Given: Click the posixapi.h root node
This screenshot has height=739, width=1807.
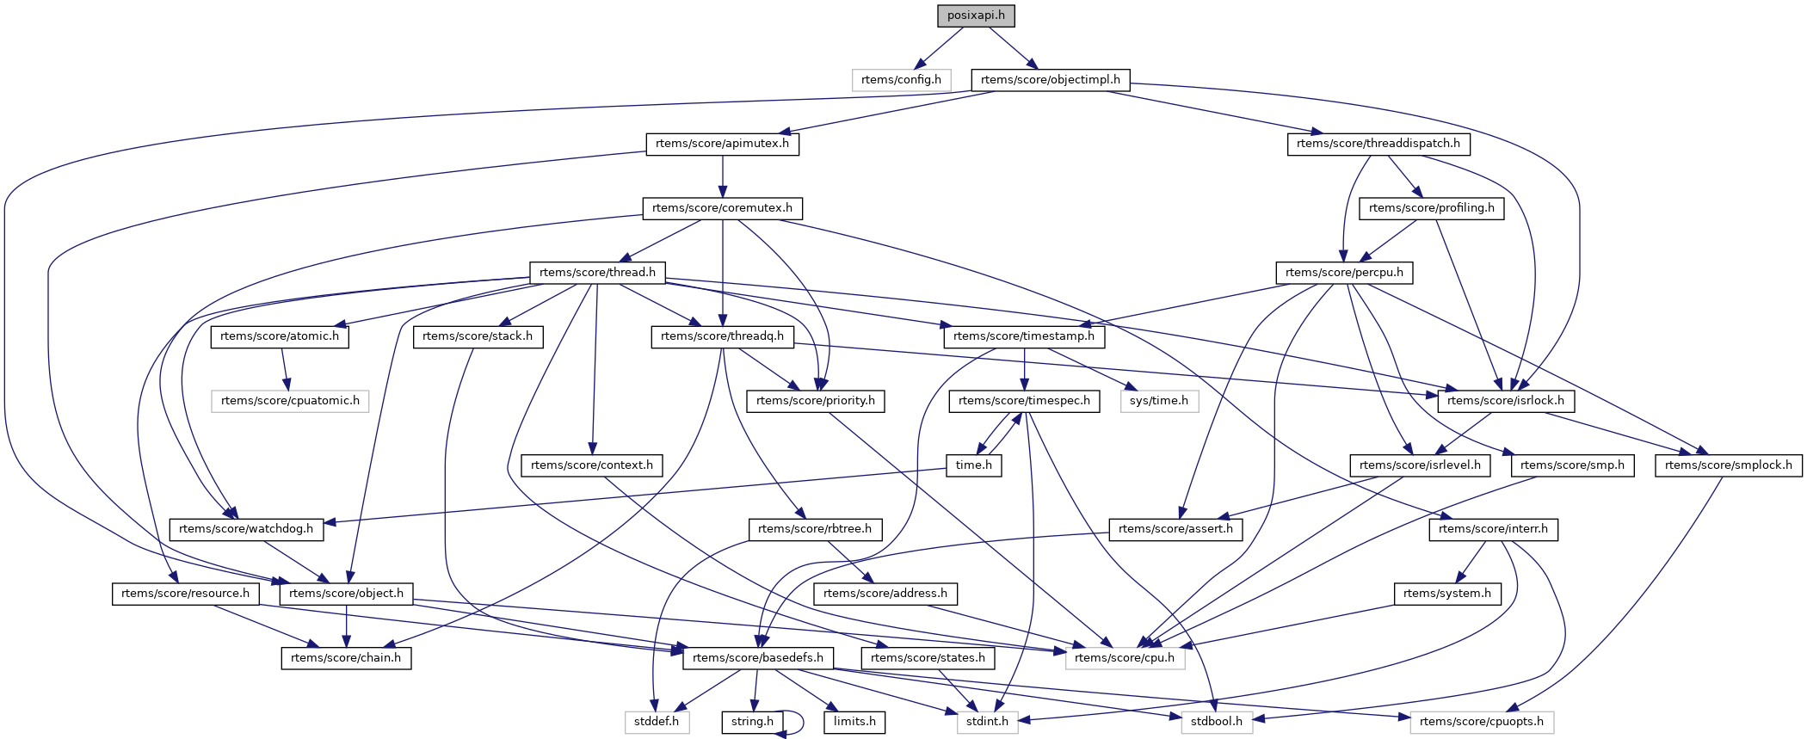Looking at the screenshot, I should click(976, 15).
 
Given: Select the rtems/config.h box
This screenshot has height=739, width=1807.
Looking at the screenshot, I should click(901, 80).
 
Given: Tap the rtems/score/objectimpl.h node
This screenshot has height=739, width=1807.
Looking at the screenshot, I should click(1050, 80).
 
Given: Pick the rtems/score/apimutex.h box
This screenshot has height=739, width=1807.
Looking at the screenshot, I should click(722, 144).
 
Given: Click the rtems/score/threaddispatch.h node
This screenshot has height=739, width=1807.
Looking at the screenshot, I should click(1378, 144).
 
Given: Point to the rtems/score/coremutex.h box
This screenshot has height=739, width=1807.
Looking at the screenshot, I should click(722, 208).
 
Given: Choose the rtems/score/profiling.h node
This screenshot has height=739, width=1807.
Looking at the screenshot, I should click(1431, 208).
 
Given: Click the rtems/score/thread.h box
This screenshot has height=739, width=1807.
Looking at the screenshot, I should click(597, 273).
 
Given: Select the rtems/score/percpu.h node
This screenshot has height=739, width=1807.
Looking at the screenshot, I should click(1343, 273).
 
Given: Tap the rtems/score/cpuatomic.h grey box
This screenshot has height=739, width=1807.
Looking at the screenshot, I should click(290, 401).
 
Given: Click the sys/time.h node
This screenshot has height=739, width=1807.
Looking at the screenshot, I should click(1158, 401).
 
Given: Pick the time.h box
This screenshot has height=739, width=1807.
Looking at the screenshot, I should click(973, 465).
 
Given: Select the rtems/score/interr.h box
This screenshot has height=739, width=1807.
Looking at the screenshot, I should click(1492, 529).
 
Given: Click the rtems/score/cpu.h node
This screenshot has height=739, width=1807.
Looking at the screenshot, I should click(1124, 658).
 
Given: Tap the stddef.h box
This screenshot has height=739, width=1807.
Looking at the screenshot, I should click(657, 722).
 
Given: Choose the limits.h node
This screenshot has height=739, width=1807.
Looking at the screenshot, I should click(854, 722).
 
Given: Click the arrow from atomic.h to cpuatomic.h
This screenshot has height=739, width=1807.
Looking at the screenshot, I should click(284, 369).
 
